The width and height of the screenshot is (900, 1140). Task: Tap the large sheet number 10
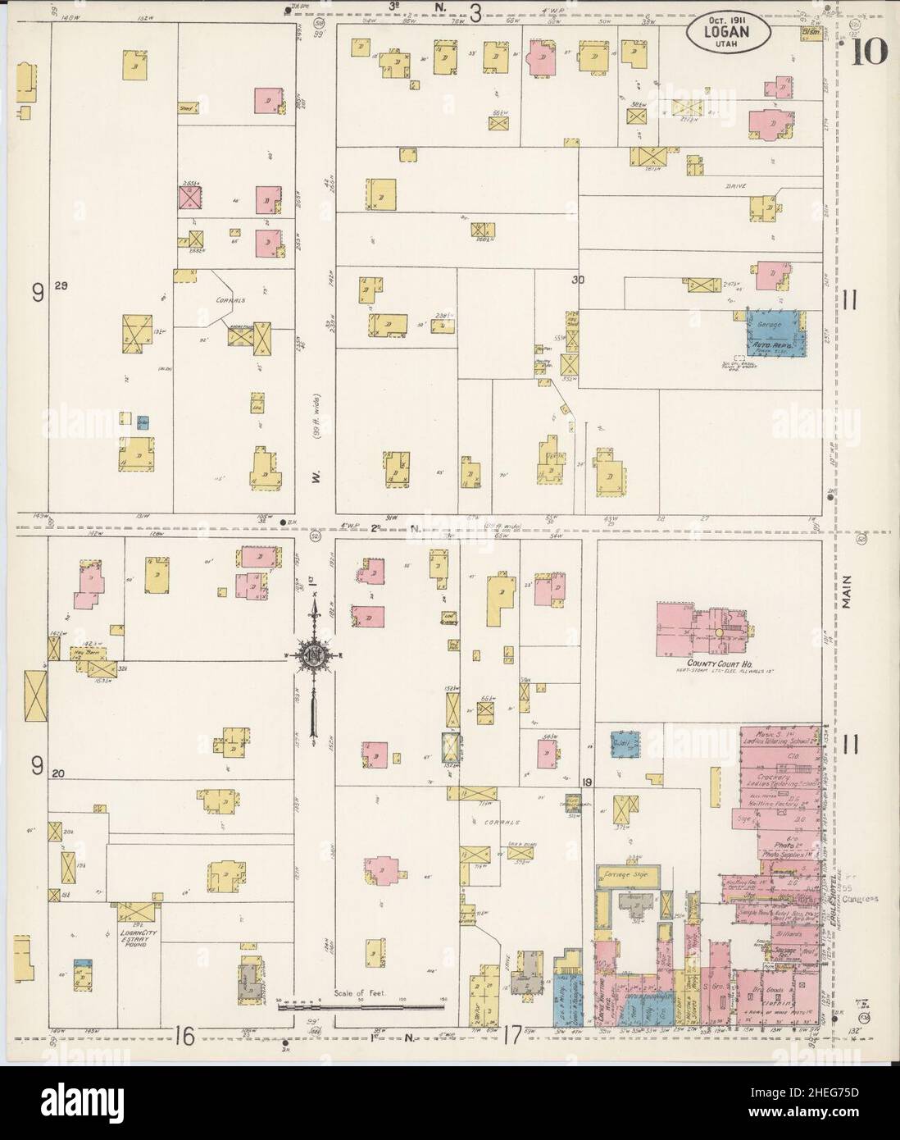coord(867,53)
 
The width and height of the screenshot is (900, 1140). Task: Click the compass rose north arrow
coord(314,656)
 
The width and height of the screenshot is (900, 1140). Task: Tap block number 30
coord(578,280)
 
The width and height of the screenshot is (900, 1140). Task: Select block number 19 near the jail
coord(586,782)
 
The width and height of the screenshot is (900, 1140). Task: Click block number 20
coord(57,773)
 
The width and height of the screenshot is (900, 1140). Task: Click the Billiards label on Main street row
coord(784,933)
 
